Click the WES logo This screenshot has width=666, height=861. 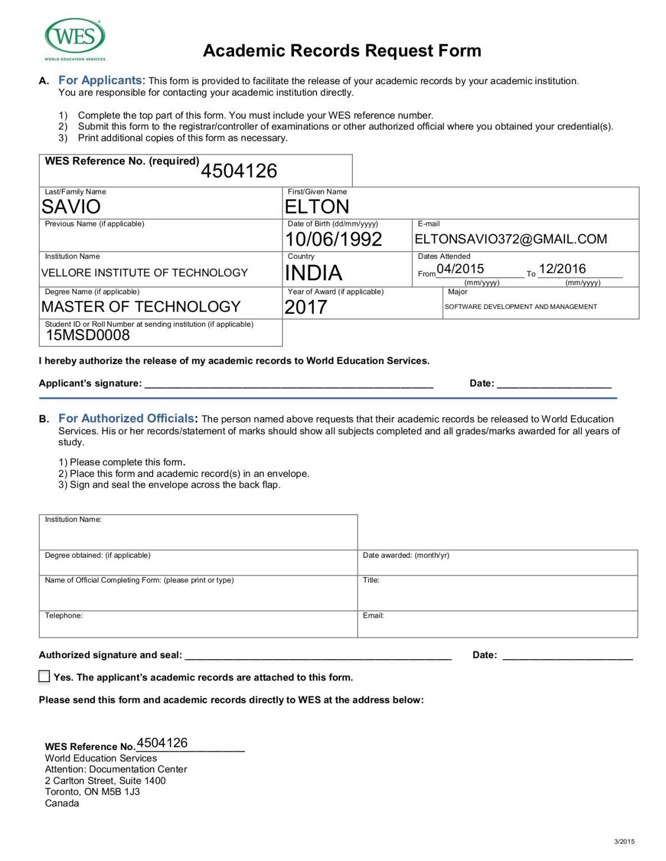[x=75, y=38]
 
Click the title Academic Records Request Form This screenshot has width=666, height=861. [x=342, y=50]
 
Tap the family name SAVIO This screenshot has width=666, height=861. [x=71, y=207]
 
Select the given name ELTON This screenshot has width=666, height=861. [x=317, y=207]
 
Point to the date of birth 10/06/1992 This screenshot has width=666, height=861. [x=333, y=239]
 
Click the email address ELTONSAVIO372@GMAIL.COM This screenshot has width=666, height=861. [x=511, y=239]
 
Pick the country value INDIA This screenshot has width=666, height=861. [x=313, y=273]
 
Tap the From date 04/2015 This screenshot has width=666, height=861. [x=460, y=269]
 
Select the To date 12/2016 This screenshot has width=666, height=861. [x=562, y=269]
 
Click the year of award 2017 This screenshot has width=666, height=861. [x=306, y=307]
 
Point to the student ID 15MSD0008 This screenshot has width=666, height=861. [x=88, y=335]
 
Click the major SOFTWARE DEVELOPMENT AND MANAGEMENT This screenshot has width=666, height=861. [x=521, y=307]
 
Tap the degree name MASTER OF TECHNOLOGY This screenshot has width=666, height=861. [x=141, y=307]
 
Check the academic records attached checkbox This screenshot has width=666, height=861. [x=44, y=676]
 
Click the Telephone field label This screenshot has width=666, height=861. [x=64, y=615]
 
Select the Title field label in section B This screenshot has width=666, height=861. [x=371, y=580]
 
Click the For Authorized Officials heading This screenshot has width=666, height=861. [x=126, y=419]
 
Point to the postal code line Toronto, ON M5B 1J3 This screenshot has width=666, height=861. [x=93, y=791]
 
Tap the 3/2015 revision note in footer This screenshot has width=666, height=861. [x=624, y=841]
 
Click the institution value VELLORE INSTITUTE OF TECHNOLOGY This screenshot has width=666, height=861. [x=144, y=273]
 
